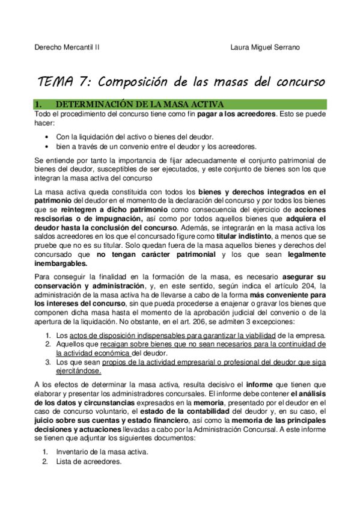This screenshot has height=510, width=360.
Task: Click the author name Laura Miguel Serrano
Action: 265,46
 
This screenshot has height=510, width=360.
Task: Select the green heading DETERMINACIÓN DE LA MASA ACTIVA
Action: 139,104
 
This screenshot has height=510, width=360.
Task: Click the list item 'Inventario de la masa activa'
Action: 102,452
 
